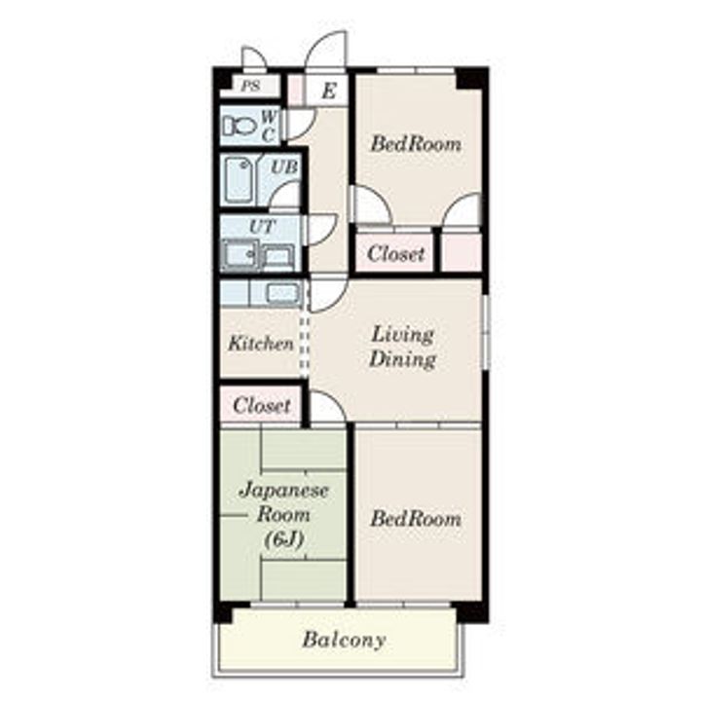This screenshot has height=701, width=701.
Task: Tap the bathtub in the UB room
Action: [x=241, y=180]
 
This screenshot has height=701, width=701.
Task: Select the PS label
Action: [x=250, y=86]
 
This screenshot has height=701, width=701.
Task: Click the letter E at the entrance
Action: [x=329, y=92]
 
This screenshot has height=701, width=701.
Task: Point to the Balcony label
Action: [x=344, y=640]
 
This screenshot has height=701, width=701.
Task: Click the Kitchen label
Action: [x=261, y=344]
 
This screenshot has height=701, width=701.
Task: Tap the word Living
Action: [x=402, y=335]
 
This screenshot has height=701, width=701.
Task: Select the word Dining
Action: [x=402, y=360]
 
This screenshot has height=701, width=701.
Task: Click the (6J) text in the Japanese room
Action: [x=284, y=540]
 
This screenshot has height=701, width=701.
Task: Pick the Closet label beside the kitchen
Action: [x=262, y=405]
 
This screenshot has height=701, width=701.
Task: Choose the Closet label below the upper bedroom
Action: [x=395, y=253]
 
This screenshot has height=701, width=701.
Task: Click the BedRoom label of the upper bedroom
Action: [x=416, y=144]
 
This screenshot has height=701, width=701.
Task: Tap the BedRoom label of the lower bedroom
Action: [x=416, y=519]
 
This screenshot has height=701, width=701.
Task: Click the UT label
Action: [x=263, y=227]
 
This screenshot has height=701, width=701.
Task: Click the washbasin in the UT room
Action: [x=240, y=255]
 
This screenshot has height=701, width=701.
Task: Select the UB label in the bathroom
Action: [x=284, y=167]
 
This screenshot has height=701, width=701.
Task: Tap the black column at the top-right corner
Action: [x=472, y=78]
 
